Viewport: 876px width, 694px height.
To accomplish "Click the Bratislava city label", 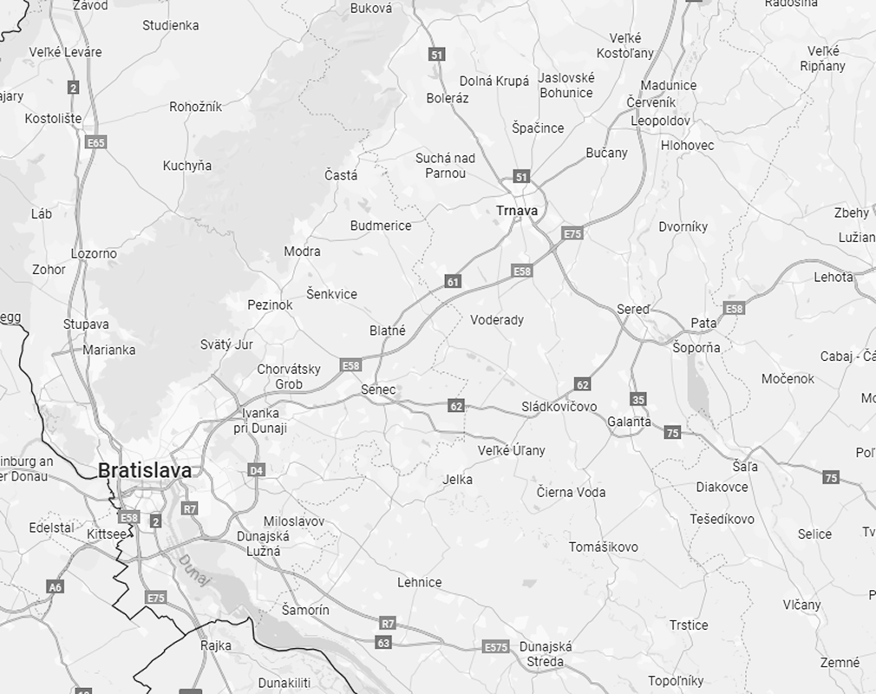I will click(145, 470).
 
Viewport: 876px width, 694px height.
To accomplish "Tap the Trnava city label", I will click(517, 211).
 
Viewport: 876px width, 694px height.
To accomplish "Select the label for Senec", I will click(378, 390).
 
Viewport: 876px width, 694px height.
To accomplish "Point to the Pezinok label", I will click(270, 305).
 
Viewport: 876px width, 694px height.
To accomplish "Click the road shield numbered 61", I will click(453, 281).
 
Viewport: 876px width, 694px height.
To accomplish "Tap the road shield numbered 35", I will click(638, 399).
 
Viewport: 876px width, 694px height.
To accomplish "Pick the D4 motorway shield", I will click(256, 470).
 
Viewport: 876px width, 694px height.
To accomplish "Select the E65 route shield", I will click(95, 142).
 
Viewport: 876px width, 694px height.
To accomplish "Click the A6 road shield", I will click(56, 587).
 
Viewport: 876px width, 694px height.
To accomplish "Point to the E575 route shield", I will click(495, 647).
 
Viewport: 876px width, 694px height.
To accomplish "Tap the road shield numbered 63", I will click(383, 643).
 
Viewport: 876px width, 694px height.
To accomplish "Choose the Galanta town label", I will click(629, 422).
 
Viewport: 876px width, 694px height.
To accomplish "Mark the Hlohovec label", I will click(687, 145).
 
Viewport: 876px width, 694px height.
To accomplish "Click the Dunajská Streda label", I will click(545, 654).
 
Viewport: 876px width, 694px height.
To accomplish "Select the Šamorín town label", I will click(305, 610).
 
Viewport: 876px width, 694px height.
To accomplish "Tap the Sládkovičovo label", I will click(559, 406).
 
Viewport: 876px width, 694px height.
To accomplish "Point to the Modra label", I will click(302, 252).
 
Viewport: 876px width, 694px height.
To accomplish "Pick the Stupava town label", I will click(86, 324).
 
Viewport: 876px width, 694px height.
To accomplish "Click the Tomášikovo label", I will click(603, 547).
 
